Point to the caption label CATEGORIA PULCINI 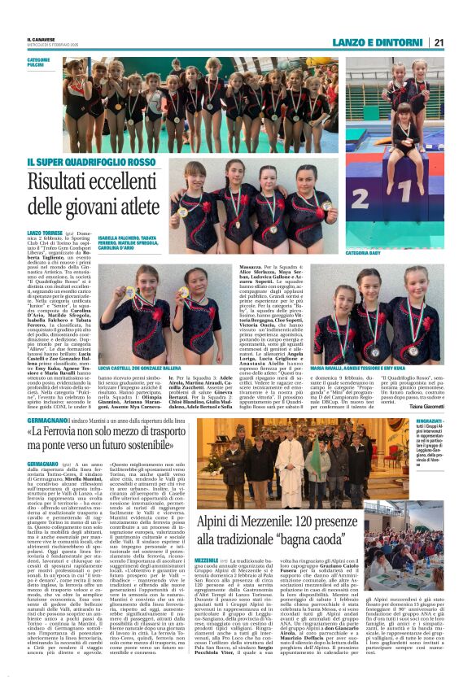[39, 63]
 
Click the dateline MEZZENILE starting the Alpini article [206, 560]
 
